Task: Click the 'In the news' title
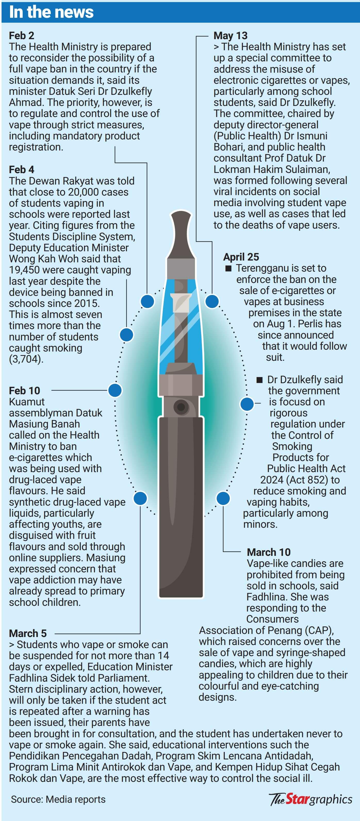click(x=51, y=12)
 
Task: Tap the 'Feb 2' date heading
click(x=21, y=35)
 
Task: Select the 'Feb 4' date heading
click(x=21, y=170)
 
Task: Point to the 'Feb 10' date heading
click(x=24, y=390)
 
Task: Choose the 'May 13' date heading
click(x=231, y=35)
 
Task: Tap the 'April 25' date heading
click(x=241, y=257)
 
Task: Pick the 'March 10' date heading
click(x=269, y=552)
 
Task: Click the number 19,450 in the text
click(x=24, y=270)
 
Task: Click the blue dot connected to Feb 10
click(x=115, y=390)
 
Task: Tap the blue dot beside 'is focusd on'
click(x=247, y=404)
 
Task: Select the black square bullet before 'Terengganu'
click(x=228, y=268)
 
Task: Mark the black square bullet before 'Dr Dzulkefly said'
click(x=260, y=380)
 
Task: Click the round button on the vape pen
click(x=181, y=407)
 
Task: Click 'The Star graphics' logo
click(x=310, y=799)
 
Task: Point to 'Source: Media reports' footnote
click(x=58, y=799)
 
